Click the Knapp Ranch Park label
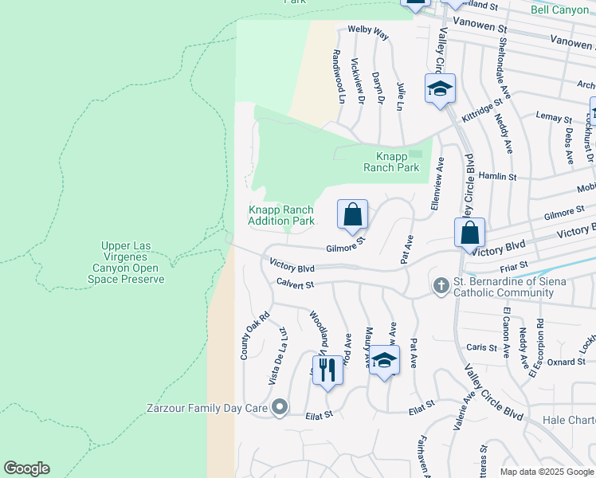click(x=391, y=162)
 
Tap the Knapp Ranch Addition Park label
click(x=280, y=215)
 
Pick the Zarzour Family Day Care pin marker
click(x=279, y=409)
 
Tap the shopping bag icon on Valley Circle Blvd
click(x=470, y=233)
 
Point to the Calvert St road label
click(x=296, y=284)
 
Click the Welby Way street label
click(x=368, y=35)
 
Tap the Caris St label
click(x=482, y=347)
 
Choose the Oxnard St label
click(x=567, y=362)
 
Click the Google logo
click(x=26, y=468)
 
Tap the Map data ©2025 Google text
click(x=547, y=472)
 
